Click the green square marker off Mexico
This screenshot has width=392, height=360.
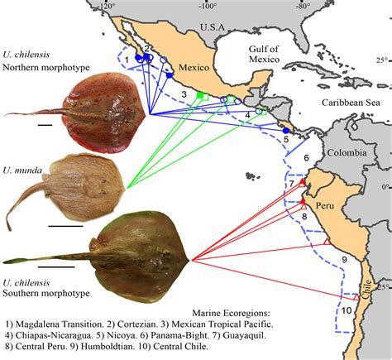click(x=199, y=97)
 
